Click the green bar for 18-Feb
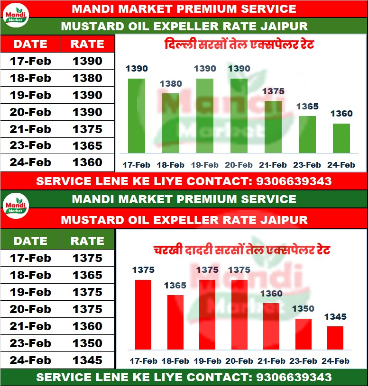pos(171,123)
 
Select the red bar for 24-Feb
pos(335,338)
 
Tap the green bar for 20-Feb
pos(239,116)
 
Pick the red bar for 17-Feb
pos(143,314)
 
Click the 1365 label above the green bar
pos(307,107)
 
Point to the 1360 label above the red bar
pos(271,294)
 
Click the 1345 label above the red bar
pos(335,317)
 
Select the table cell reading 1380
pos(87,78)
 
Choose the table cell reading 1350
pos(87,343)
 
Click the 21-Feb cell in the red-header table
pos(30,129)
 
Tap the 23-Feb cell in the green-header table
pos(30,343)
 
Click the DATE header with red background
pos(30,44)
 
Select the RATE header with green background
pos(87,241)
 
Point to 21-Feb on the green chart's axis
pos(273,165)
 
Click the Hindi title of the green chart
pos(239,45)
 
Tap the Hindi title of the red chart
pos(242,250)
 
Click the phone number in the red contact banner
pos(294,181)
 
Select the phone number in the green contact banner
pos(294,377)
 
